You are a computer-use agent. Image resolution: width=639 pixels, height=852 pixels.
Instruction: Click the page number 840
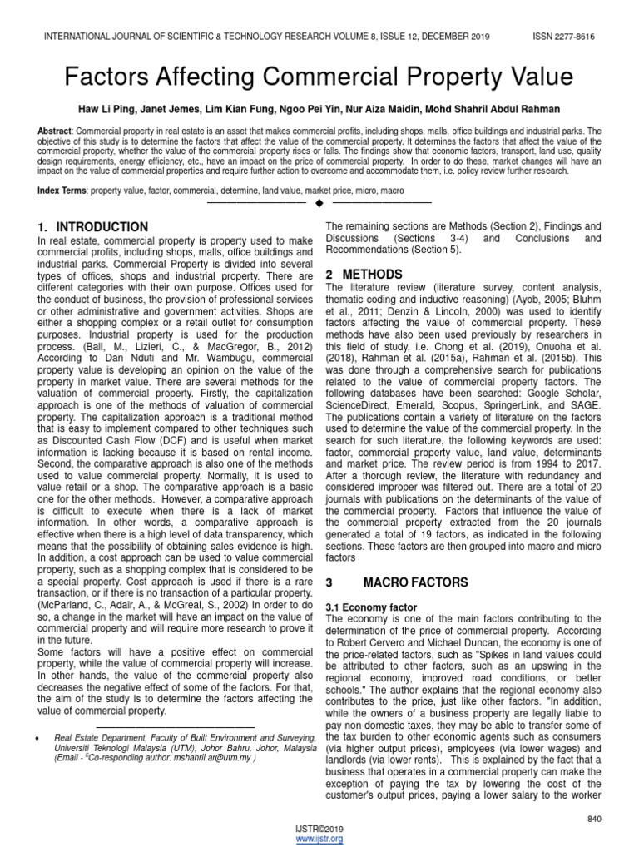(x=593, y=820)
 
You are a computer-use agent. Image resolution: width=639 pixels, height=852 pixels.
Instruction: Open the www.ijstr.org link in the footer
(x=319, y=840)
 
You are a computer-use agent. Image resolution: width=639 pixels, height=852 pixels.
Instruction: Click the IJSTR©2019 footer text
(x=319, y=830)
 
